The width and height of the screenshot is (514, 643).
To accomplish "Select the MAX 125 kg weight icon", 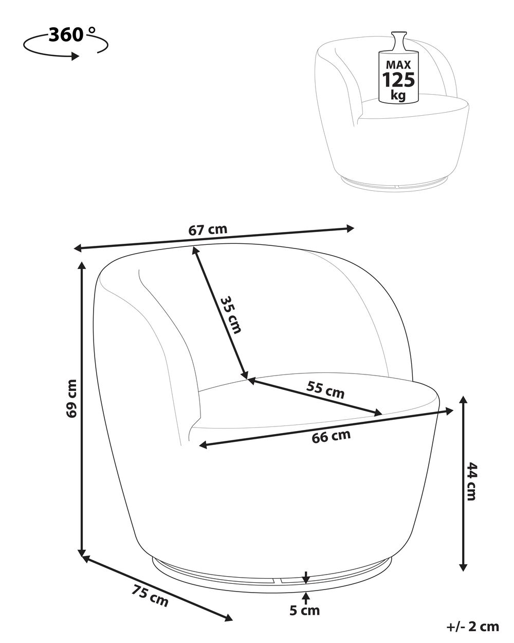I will [398, 69].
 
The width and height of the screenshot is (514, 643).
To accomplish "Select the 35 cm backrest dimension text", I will [230, 314].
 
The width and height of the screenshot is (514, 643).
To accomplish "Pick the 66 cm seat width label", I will [331, 436].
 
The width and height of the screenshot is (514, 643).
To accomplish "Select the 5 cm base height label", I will [304, 611].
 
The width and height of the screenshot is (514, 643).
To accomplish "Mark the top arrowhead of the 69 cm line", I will [82, 266].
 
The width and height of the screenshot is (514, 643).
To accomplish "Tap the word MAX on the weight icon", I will [398, 65].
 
